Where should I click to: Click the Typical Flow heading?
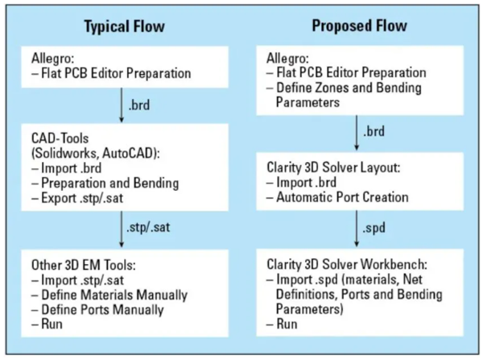tap(125, 27)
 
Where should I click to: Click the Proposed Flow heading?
tap(360, 26)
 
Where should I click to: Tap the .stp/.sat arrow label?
tap(148, 227)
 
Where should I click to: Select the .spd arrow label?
tap(374, 228)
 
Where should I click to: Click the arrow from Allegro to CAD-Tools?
tap(122, 106)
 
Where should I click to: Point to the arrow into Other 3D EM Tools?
tap(122, 229)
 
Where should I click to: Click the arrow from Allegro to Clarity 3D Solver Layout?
tap(357, 133)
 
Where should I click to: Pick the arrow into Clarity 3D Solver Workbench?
tap(357, 229)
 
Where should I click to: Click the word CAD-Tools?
tap(60, 139)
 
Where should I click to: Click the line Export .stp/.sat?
tap(77, 198)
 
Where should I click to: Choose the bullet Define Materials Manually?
tap(109, 295)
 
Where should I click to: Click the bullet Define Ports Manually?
tap(97, 310)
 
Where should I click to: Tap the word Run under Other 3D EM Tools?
tap(52, 325)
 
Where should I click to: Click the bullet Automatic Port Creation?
tap(337, 197)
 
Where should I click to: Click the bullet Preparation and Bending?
tap(105, 183)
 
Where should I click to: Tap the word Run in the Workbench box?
tap(287, 324)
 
